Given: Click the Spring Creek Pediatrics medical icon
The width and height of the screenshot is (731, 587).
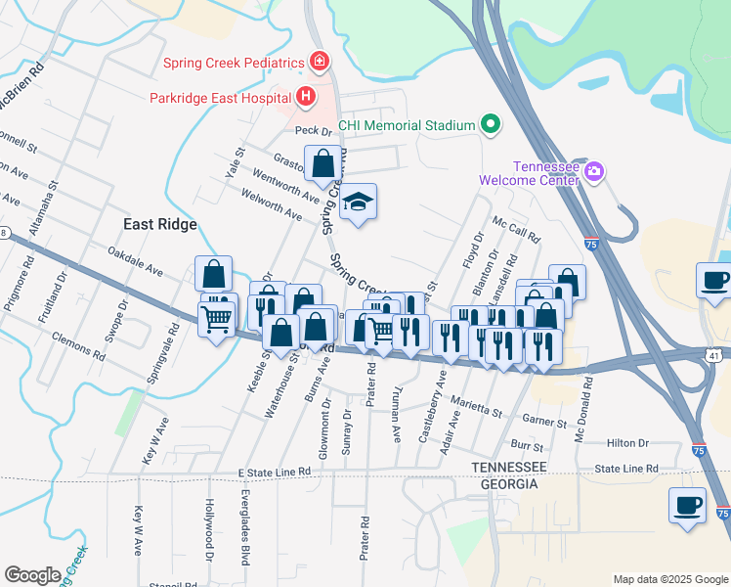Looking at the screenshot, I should click(x=319, y=63).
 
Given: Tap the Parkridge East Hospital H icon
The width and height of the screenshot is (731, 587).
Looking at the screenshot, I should click(x=306, y=97).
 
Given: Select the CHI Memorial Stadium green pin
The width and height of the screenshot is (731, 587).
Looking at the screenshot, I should click(x=491, y=125).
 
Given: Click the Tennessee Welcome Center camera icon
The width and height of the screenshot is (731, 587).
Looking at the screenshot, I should click(x=593, y=171).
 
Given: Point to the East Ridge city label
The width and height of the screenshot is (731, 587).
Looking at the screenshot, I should click(x=160, y=224).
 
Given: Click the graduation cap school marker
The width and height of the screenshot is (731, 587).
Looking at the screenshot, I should click(x=359, y=203).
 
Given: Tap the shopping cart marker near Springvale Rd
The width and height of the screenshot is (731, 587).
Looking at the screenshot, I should click(x=216, y=317).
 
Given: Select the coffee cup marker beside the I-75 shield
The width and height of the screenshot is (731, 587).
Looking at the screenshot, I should click(x=687, y=506).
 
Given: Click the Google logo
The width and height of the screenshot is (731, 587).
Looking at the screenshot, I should click(x=32, y=575).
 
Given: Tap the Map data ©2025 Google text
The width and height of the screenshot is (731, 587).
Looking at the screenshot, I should click(x=670, y=579).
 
